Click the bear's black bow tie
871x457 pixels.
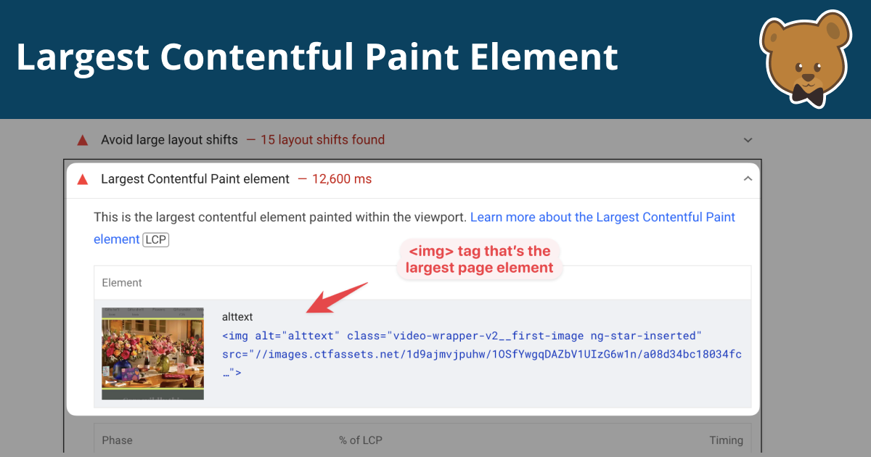pos(806,92)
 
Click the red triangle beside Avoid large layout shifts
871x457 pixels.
pos(83,140)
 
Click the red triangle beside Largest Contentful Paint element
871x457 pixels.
pos(83,179)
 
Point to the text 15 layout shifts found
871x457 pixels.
pos(322,140)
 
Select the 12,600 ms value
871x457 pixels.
pos(341,179)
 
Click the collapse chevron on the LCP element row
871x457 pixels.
pos(748,179)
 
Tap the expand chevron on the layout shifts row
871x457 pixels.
pos(748,140)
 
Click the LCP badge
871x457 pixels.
pos(155,239)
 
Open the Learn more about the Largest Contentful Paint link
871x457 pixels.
pos(602,218)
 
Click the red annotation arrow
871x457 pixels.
pos(338,298)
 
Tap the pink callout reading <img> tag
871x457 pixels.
pos(480,259)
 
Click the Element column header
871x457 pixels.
pos(122,283)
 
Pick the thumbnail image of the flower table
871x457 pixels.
pos(152,353)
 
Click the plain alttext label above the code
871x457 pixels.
pos(237,317)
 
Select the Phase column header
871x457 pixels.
pos(117,440)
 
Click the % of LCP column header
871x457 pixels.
pos(360,440)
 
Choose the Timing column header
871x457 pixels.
pos(726,440)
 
